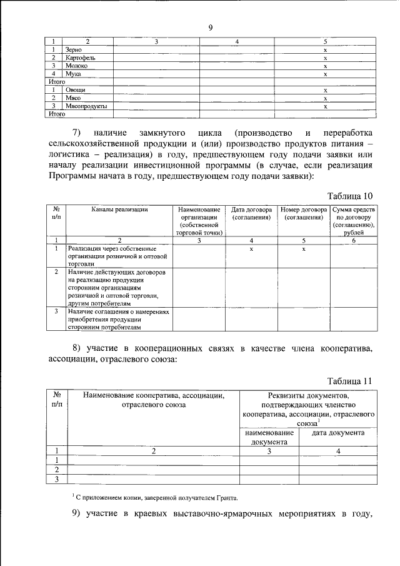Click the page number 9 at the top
click(211, 27)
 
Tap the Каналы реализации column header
click(119, 210)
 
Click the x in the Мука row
click(326, 73)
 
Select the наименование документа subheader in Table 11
click(269, 437)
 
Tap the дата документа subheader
click(338, 433)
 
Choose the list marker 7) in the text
click(77, 133)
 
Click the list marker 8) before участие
click(77, 348)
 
